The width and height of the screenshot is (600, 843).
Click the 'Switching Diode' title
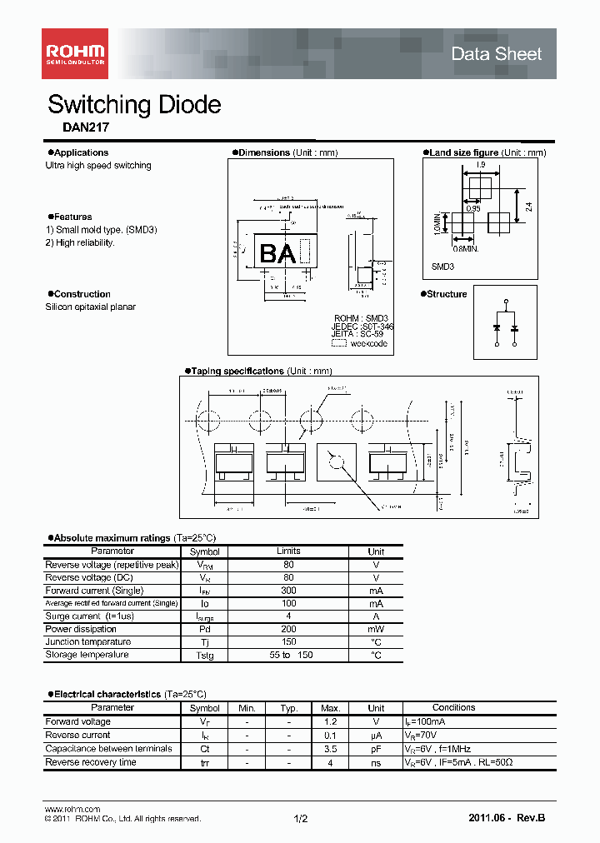[134, 105]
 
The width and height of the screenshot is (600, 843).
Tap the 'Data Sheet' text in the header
[496, 54]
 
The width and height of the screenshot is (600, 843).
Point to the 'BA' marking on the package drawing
[277, 254]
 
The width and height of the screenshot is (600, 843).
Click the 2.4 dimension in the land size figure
[528, 202]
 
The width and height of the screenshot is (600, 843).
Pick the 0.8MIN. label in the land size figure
[465, 248]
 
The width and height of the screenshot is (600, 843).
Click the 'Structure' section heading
[448, 294]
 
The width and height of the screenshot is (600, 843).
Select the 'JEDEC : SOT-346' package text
[362, 327]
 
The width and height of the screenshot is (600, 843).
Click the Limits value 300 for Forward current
[288, 591]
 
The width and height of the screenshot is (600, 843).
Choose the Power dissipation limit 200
[288, 629]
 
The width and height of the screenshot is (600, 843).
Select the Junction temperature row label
[87, 642]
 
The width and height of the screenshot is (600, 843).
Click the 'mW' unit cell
[376, 629]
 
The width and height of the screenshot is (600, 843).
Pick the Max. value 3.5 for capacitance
[330, 749]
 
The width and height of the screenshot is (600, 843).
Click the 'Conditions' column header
[453, 708]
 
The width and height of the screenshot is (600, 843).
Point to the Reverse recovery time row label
[91, 762]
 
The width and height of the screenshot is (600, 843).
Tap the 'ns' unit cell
[376, 762]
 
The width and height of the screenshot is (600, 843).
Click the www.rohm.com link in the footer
[72, 809]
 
